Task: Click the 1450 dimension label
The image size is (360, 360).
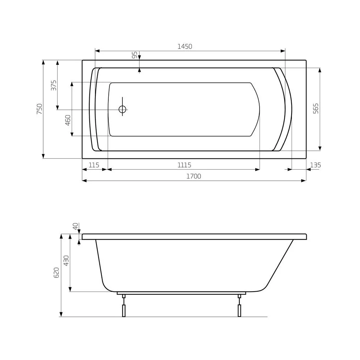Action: click(185, 46)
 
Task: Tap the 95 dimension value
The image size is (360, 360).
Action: click(135, 55)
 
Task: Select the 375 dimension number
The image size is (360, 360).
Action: click(53, 85)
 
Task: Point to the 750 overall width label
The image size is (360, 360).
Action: click(40, 109)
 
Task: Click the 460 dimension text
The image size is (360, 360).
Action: click(68, 120)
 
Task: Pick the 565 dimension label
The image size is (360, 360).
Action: click(316, 108)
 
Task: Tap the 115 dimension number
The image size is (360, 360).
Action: click(94, 165)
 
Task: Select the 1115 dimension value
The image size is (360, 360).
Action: click(184, 165)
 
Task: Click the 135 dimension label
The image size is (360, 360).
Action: click(315, 165)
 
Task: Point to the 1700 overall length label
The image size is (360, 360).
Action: click(194, 176)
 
